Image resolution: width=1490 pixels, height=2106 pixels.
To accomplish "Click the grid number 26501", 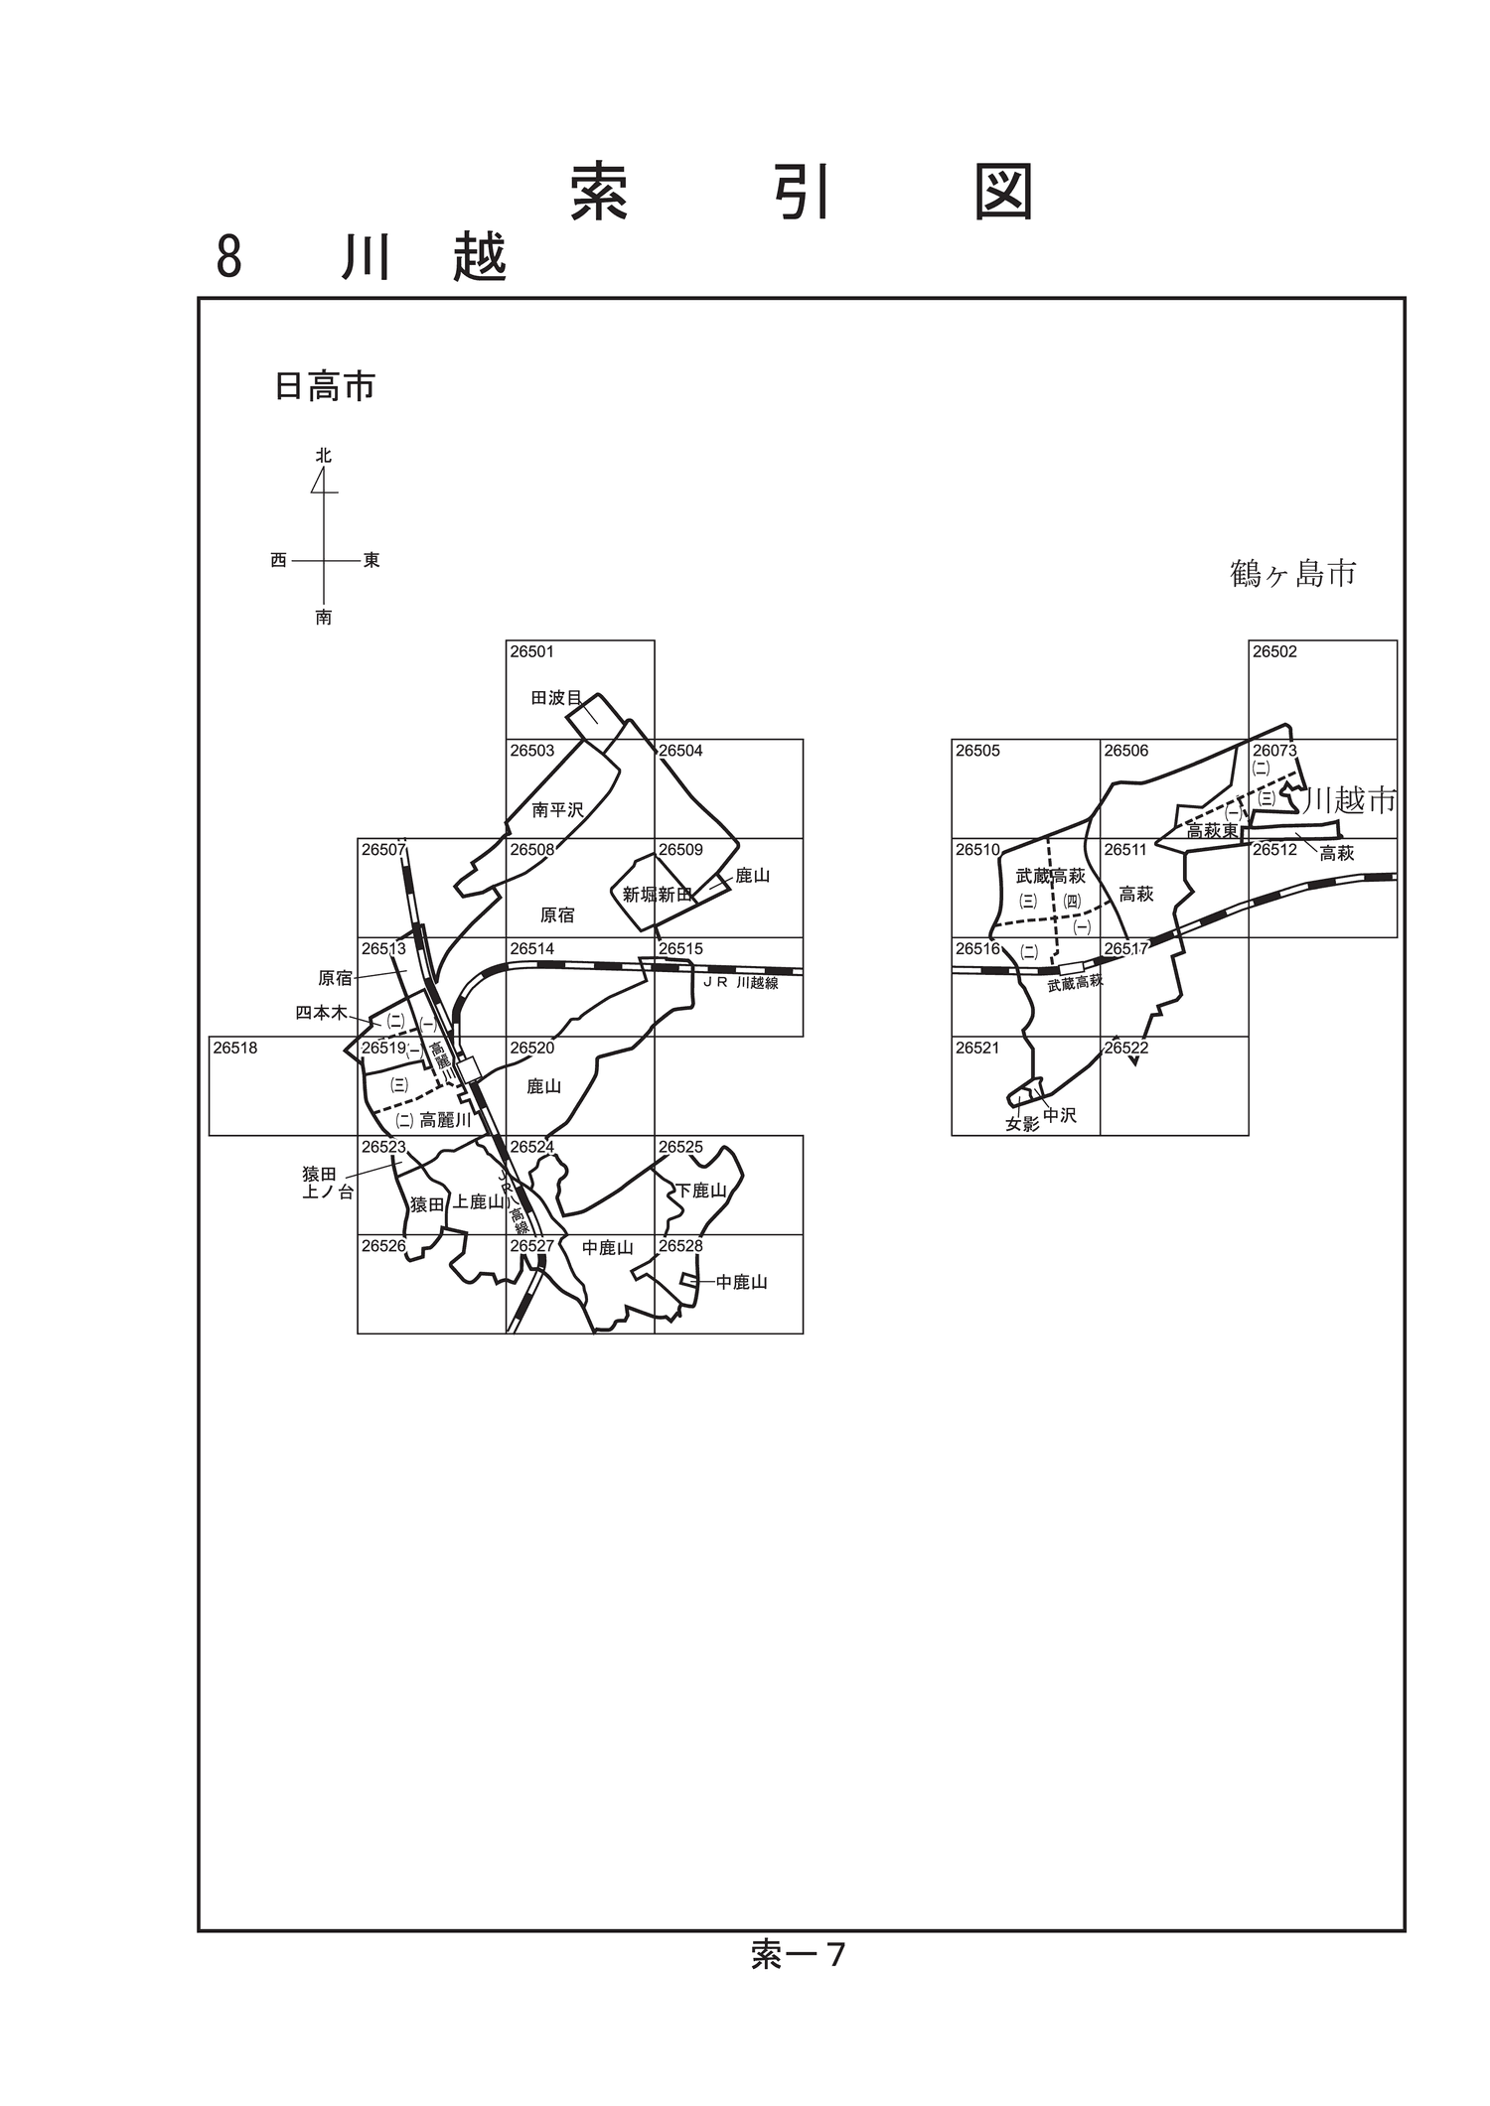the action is point(531,652).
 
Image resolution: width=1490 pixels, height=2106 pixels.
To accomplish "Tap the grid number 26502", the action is point(1274,652).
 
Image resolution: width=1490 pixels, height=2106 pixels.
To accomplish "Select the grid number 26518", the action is point(234,1048).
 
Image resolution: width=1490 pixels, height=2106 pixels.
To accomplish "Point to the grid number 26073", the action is point(1274,751).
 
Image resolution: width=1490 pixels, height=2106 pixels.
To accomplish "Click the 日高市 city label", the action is point(325,386).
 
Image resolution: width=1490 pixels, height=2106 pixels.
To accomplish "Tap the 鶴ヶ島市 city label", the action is point(1292,573).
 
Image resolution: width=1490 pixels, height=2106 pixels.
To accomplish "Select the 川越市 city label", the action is point(1350,800).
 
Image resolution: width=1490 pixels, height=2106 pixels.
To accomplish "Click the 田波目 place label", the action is point(556,698).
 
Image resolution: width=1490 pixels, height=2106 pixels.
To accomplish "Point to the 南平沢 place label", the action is point(557,810).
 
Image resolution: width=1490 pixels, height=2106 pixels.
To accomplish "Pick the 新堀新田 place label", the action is point(657,895).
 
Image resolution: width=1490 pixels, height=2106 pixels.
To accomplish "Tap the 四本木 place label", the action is point(321,1013).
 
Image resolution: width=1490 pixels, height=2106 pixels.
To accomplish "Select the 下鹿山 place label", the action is point(701,1191).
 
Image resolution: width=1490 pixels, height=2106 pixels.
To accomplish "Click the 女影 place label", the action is point(1022,1125).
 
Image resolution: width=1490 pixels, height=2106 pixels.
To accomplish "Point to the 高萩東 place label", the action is point(1212,831).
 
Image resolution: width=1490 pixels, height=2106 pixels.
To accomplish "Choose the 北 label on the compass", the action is point(324,456).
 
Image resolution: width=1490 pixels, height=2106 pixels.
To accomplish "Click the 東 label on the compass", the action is point(372,560).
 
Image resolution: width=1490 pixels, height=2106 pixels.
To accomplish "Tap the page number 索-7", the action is point(798,1955).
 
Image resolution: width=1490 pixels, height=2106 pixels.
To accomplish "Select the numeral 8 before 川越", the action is point(228,257).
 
